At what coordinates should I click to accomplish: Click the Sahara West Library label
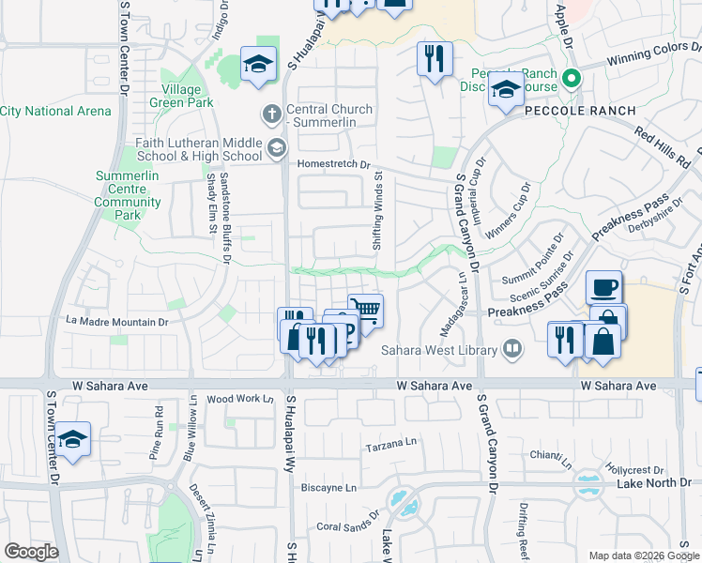(x=440, y=352)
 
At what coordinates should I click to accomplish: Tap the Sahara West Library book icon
(x=511, y=351)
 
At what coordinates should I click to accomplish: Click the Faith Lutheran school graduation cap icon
(x=277, y=147)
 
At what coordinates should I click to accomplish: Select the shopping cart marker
(x=365, y=310)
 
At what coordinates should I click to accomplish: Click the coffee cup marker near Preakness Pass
(x=603, y=285)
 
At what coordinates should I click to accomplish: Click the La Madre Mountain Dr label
(x=116, y=322)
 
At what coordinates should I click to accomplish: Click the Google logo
(x=31, y=551)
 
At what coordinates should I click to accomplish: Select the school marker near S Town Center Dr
(x=71, y=439)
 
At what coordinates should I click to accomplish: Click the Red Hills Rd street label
(x=663, y=145)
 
